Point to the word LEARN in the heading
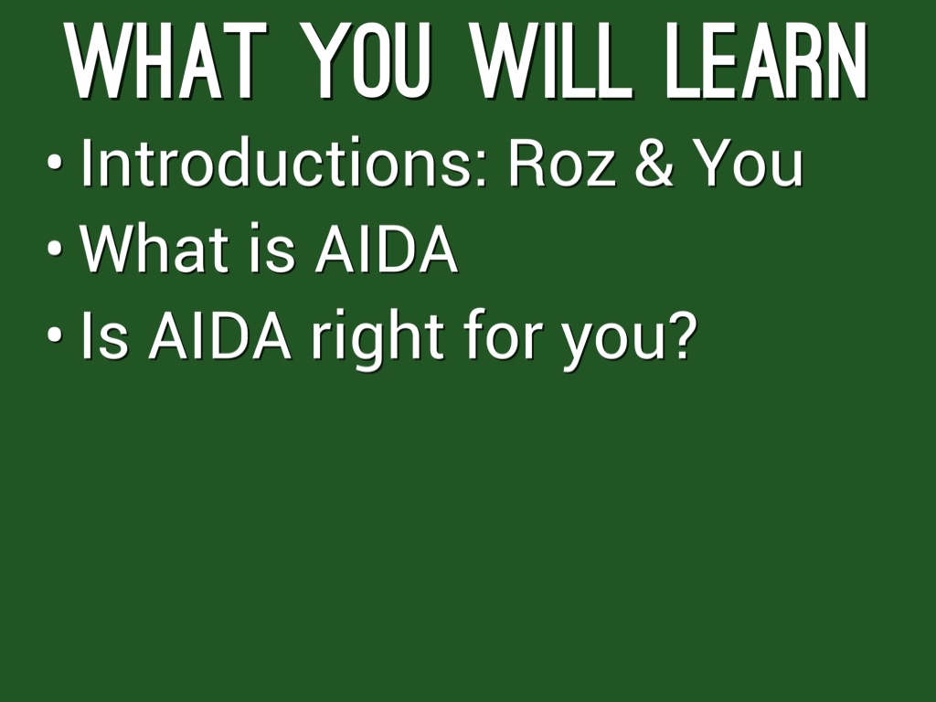click(x=767, y=60)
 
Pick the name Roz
click(x=562, y=163)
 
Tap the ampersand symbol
click(x=654, y=163)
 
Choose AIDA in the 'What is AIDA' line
click(x=387, y=249)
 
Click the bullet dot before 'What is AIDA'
click(x=54, y=249)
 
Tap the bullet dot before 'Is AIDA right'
click(x=54, y=335)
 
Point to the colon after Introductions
click(x=483, y=169)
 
